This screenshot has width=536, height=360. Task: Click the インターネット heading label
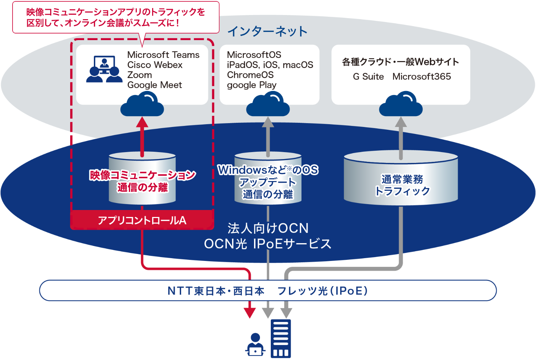(267, 31)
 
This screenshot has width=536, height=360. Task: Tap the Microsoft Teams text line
(163, 55)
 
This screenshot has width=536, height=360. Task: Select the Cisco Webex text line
(155, 65)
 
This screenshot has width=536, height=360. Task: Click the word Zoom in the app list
(140, 75)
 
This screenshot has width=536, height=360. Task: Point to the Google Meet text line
(155, 85)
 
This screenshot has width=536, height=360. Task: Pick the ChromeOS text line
(250, 75)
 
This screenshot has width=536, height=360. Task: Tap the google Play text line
(252, 85)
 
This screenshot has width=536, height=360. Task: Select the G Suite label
(368, 77)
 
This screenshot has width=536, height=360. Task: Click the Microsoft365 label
(422, 77)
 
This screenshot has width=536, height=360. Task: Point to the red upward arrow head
(142, 122)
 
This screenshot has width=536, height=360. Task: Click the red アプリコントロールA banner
(142, 220)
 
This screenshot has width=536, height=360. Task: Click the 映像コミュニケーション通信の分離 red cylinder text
(142, 181)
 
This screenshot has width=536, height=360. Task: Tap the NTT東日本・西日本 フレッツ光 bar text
(268, 291)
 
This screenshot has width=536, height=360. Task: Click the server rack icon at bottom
(281, 339)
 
